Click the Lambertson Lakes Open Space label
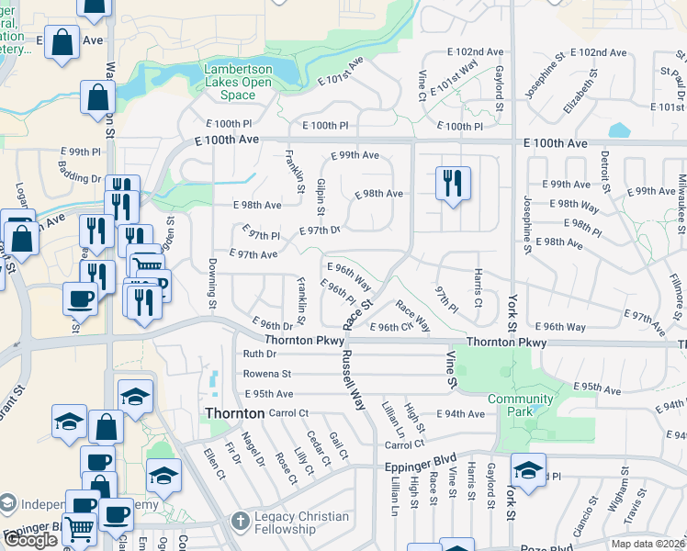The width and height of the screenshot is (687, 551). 238,82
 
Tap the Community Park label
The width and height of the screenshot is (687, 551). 520,405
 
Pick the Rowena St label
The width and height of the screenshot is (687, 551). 266,374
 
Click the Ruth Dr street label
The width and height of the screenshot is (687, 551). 260,354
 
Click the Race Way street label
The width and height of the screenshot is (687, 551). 412,316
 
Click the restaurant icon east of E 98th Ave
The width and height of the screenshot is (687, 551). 452,184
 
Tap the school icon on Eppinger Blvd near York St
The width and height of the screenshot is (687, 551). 528,470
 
